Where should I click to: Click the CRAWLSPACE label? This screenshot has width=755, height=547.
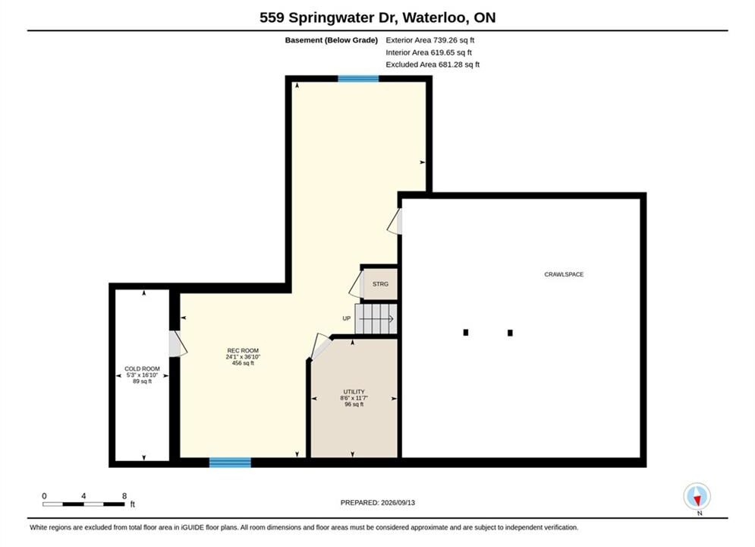[x=564, y=274]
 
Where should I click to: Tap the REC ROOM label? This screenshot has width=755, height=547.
[x=243, y=350]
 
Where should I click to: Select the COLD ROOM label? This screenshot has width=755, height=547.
[x=142, y=368]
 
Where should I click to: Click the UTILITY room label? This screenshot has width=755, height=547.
[x=354, y=392]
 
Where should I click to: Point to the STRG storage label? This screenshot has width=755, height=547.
[x=380, y=284]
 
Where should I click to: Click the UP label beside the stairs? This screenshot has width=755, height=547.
[x=346, y=318]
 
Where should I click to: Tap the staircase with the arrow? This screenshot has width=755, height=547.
[x=376, y=318]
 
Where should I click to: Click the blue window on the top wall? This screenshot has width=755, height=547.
[x=358, y=78]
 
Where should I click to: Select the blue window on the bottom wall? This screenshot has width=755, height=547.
[x=230, y=462]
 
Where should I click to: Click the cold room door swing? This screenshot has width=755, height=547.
[x=178, y=343]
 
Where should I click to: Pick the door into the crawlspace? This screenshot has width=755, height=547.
[x=395, y=221]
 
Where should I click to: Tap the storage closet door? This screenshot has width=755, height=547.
[x=357, y=284]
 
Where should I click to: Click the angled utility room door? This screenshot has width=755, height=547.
[x=321, y=346]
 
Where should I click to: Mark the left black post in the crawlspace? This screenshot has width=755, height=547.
[x=466, y=332]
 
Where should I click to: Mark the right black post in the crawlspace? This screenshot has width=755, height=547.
[x=510, y=333]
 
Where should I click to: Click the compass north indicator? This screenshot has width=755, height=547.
[x=697, y=496]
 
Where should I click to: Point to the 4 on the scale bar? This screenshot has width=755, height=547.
[x=83, y=496]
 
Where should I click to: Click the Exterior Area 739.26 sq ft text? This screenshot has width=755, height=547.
[x=430, y=40]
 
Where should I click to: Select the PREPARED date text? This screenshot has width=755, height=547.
[x=378, y=502]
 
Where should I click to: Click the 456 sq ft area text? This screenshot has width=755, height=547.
[x=243, y=363]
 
